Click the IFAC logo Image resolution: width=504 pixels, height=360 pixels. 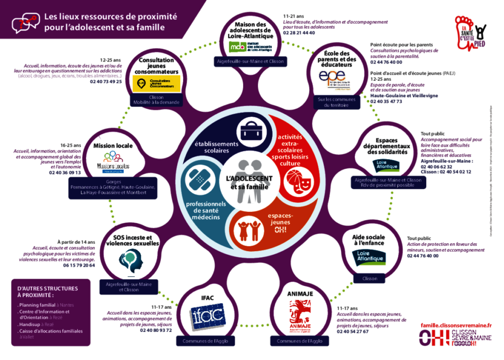(208, 314)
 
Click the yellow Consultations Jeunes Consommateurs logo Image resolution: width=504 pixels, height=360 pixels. (157, 83)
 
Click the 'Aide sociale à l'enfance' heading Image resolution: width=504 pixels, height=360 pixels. (369, 240)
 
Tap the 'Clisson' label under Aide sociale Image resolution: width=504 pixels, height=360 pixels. (370, 278)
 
